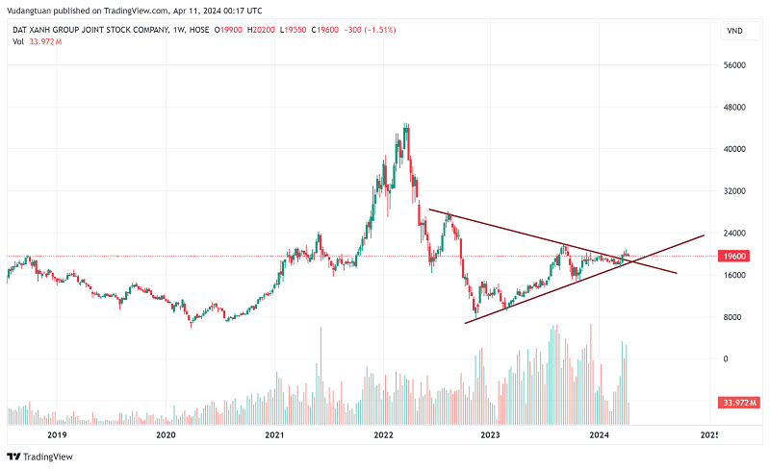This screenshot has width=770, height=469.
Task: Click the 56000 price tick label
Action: click(x=735, y=65)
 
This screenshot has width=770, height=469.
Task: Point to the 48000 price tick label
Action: click(x=735, y=108)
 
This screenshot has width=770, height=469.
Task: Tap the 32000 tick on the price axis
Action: click(x=735, y=191)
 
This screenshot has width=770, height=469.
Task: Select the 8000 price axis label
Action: click(x=735, y=317)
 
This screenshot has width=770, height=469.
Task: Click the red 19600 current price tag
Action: click(x=734, y=257)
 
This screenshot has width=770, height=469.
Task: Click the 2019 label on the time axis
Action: click(x=57, y=435)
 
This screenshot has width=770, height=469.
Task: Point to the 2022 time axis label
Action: click(x=383, y=435)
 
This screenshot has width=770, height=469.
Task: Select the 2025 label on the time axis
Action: click(x=708, y=435)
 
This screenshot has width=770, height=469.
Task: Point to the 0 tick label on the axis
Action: click(x=725, y=359)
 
